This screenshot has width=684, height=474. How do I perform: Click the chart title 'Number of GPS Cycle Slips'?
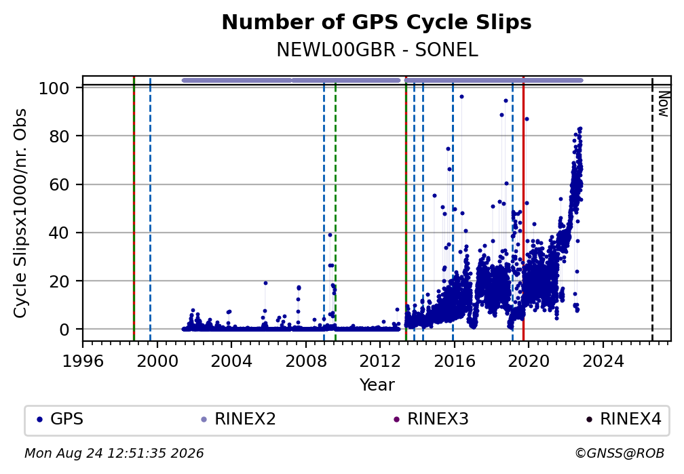377,22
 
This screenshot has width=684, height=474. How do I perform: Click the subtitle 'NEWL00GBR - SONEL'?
377,50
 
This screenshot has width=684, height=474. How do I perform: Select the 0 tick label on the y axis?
64,330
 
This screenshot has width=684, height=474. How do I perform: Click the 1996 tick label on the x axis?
83,361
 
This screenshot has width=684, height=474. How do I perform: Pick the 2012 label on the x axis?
380,361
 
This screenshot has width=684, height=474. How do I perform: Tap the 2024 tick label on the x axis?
603,361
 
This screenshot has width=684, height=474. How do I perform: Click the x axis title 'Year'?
377,384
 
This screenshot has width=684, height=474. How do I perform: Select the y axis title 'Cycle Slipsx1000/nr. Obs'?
20,213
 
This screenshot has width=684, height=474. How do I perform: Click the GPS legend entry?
60,419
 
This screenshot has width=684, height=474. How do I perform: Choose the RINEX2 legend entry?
238,419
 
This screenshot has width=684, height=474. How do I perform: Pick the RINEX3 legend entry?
431,419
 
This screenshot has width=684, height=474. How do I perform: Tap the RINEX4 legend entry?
624,419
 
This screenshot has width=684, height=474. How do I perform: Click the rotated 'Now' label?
664,104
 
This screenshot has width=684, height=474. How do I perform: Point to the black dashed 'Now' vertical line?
652,208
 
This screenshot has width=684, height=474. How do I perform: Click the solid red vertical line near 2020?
523,208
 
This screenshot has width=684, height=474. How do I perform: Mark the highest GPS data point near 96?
461,97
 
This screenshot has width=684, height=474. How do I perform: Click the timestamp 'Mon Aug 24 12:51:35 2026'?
114,454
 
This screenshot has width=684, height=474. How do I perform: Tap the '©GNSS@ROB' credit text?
620,454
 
